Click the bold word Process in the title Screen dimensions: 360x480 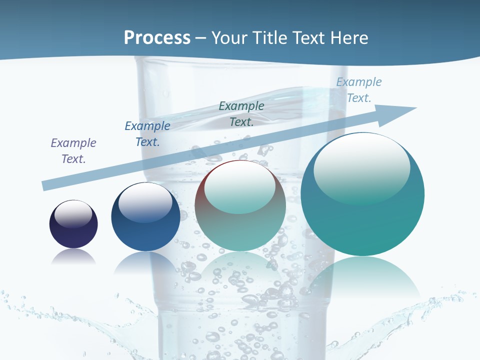tap(157, 38)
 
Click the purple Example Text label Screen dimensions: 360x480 tap(73, 151)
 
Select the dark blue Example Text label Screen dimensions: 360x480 tap(147, 134)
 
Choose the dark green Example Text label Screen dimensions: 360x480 tap(241, 114)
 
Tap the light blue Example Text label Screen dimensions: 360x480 tap(359, 90)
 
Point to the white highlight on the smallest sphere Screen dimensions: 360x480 tap(73, 214)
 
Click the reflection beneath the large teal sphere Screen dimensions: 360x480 tap(362, 277)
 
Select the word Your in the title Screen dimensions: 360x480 tap(228, 38)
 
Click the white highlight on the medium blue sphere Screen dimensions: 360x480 tap(145, 202)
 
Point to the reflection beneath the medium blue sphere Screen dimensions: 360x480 tap(145, 262)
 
